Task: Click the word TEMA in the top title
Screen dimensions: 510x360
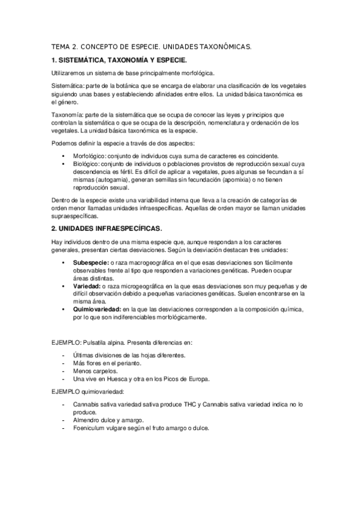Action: point(59,46)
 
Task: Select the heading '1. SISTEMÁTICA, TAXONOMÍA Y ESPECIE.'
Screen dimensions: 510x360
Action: point(119,60)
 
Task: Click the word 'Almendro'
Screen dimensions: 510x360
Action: point(87,420)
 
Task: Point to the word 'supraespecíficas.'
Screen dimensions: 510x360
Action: point(77,215)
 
